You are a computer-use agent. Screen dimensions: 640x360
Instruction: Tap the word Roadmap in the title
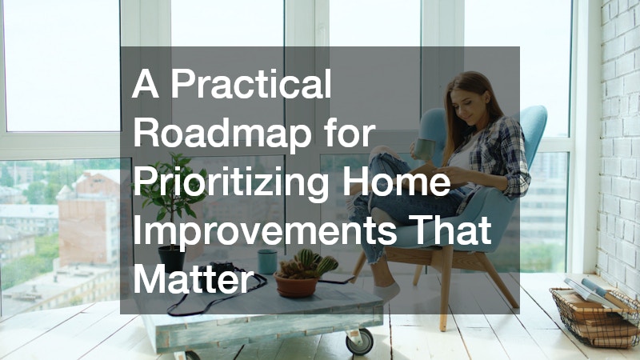[222, 134]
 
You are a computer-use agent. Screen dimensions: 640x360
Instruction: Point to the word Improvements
[265, 232]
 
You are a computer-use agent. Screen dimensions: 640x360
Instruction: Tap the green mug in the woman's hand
[424, 149]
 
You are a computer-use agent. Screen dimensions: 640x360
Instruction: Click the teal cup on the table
[267, 262]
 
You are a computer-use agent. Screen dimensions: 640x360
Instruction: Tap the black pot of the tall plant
[171, 259]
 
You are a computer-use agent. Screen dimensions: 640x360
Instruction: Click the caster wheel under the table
[359, 342]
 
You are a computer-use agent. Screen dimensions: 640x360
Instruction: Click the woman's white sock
[386, 291]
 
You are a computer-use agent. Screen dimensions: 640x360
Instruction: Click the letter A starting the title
[146, 84]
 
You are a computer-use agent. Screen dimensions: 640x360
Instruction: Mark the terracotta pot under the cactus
[296, 286]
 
